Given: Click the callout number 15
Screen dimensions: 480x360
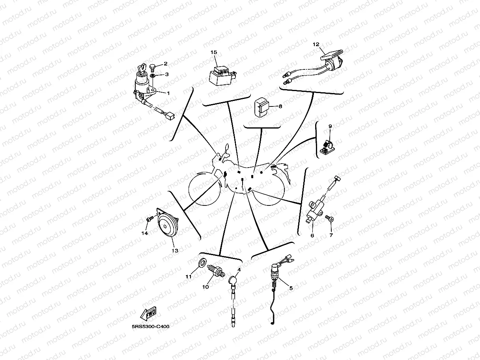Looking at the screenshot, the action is [214, 52].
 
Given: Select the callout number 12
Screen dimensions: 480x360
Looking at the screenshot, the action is [316, 45].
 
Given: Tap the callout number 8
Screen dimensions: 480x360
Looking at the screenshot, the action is [280, 106].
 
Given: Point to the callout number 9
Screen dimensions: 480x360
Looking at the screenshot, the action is [330, 126].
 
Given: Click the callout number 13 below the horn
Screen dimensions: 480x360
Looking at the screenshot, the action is [175, 250].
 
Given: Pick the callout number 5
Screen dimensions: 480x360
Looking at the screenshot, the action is [291, 288].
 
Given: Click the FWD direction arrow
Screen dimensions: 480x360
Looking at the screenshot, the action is [148, 313].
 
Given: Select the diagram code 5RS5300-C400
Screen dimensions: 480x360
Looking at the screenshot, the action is [150, 326].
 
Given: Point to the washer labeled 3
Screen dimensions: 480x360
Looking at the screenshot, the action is [152, 76].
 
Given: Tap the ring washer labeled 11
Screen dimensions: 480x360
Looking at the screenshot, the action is [202, 263].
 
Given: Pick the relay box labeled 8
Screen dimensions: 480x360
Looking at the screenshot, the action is [261, 107].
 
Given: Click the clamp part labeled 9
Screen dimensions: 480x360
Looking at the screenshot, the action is [327, 147].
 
